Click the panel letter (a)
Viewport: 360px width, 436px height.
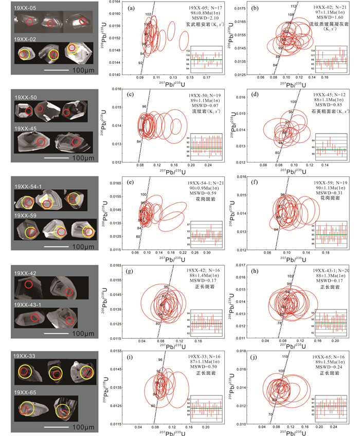(132, 7)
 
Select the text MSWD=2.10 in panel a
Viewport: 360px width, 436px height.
(203, 20)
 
